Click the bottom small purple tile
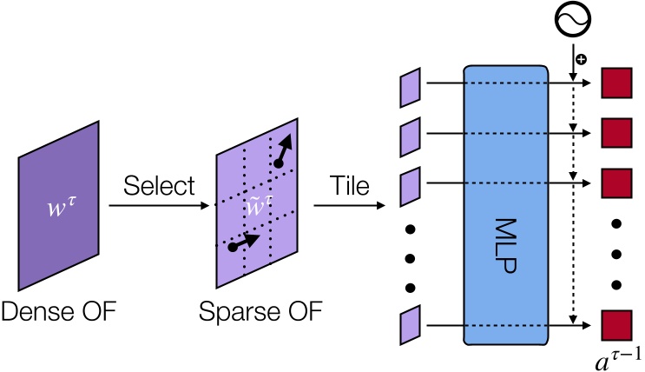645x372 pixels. (x=410, y=326)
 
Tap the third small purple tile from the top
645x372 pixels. (x=410, y=184)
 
